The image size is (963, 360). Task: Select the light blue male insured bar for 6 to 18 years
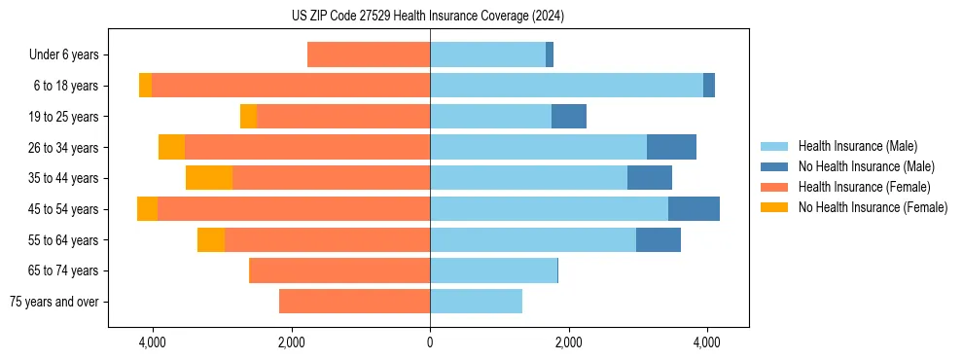click(x=566, y=86)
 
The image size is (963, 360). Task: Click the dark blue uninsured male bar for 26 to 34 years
click(x=671, y=147)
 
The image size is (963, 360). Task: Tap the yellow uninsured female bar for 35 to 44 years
click(x=209, y=178)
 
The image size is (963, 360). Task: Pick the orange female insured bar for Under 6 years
click(x=369, y=54)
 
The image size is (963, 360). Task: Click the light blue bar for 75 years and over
click(x=476, y=302)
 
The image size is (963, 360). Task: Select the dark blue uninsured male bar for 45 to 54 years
click(x=694, y=209)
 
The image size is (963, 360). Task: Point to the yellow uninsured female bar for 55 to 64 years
click(x=211, y=240)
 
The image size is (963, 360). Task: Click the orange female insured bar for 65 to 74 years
click(x=339, y=270)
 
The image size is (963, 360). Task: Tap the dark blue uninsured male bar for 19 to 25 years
click(x=569, y=117)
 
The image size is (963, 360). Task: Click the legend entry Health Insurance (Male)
click(x=857, y=146)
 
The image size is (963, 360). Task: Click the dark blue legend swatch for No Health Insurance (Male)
click(x=774, y=166)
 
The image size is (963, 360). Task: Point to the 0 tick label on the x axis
click(x=430, y=342)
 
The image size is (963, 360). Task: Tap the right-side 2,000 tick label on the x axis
click(x=568, y=342)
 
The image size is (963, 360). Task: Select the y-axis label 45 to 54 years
click(x=64, y=209)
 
